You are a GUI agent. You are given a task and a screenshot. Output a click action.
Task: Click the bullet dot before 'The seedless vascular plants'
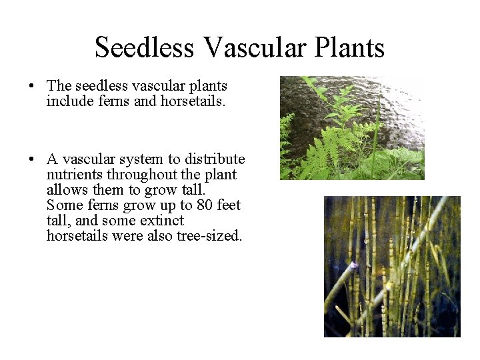pos(31,87)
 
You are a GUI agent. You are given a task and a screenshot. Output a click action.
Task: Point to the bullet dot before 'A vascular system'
pos(31,160)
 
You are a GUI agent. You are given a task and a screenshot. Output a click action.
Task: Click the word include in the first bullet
pos(67,101)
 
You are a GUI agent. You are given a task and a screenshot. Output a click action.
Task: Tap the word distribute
pos(215,159)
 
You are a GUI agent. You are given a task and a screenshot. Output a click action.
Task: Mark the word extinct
pos(162,221)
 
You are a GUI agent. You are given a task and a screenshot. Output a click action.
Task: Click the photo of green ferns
pos(352,127)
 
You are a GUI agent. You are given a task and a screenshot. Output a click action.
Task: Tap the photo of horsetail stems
pos(392,266)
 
